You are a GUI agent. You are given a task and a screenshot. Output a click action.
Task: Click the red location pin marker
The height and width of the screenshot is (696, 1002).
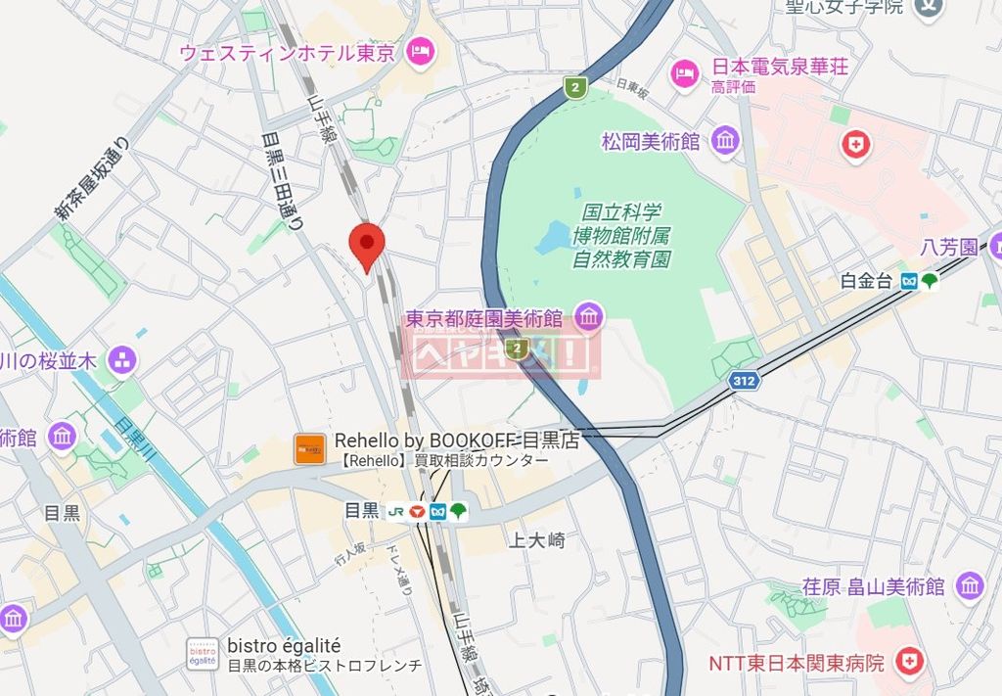tap(367, 245)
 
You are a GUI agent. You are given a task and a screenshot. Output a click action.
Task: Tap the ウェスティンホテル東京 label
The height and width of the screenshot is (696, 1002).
tap(289, 52)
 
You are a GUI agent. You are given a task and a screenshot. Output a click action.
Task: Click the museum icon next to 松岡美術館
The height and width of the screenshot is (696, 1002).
tap(725, 141)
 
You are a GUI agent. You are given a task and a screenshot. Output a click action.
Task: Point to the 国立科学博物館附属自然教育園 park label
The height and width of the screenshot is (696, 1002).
tap(621, 236)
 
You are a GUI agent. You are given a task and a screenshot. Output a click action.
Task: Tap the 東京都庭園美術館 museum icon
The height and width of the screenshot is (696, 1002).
tap(589, 317)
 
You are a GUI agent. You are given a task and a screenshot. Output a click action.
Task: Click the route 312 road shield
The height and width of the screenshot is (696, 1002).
tap(744, 381)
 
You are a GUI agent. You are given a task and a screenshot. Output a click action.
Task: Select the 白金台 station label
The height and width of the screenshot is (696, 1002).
tap(866, 281)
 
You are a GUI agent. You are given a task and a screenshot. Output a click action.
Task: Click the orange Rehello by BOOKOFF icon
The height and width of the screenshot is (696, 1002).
tap(310, 449)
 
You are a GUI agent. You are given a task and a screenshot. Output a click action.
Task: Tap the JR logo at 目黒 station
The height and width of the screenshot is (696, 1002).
tap(396, 510)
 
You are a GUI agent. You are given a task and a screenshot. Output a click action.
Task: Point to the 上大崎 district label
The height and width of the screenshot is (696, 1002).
tap(537, 539)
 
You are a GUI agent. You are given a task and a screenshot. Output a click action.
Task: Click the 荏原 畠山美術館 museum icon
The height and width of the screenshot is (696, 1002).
tap(970, 585)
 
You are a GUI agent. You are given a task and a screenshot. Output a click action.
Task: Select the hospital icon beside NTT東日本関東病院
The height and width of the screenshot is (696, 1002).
tap(910, 663)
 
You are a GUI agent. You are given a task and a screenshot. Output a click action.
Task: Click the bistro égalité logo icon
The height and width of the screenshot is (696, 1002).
tap(202, 653)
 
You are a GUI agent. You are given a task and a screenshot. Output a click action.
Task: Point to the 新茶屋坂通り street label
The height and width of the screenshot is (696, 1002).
tap(91, 179)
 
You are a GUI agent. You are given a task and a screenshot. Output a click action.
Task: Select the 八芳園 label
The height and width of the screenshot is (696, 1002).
tap(948, 247)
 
